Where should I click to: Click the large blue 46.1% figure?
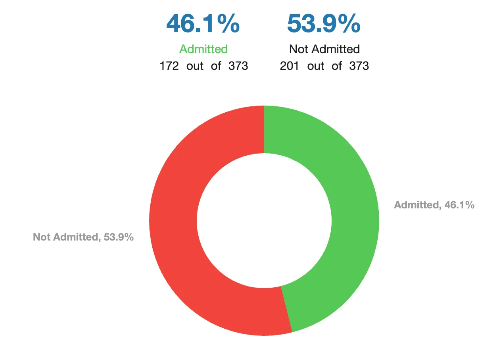pyautogui.click(x=203, y=24)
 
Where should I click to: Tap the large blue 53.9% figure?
pyautogui.click(x=324, y=24)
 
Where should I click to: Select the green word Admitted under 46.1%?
pyautogui.click(x=203, y=49)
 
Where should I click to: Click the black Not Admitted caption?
pyautogui.click(x=324, y=49)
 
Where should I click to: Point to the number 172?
pyautogui.click(x=169, y=66)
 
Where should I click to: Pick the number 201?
pyautogui.click(x=290, y=66)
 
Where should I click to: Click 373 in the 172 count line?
pyautogui.click(x=238, y=66)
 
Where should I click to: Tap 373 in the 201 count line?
pyautogui.click(x=359, y=66)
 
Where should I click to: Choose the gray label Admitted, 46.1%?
pyautogui.click(x=434, y=205)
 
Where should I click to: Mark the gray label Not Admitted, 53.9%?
pyautogui.click(x=83, y=237)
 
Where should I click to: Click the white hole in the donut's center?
pyautogui.click(x=264, y=220)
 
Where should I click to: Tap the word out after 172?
pyautogui.click(x=195, y=66)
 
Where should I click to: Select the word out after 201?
pyautogui.click(x=316, y=66)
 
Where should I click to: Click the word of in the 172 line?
pyautogui.click(x=216, y=66)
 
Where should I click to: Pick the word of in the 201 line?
pyautogui.click(x=337, y=66)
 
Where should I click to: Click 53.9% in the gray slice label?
pyautogui.click(x=119, y=237)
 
